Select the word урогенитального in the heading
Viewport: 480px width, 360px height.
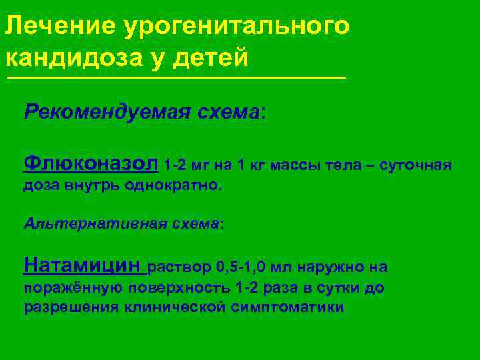point(236,27)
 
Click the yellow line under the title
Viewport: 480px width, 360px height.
point(176,78)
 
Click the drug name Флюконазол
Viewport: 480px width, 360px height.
point(91,163)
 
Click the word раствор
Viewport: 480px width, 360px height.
point(180,268)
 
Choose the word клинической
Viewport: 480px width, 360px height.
point(176,307)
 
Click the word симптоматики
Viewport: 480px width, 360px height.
point(288,307)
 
